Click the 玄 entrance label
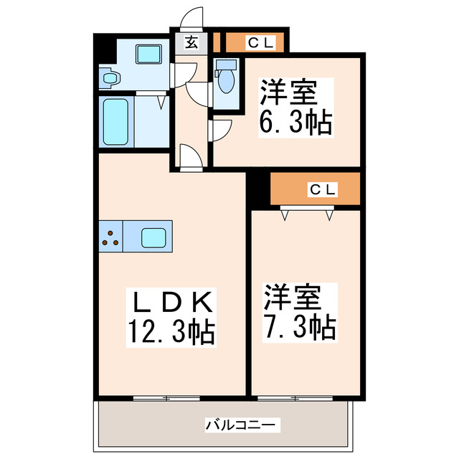click(x=191, y=42)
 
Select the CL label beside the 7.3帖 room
click(x=322, y=189)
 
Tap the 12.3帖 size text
click(x=171, y=331)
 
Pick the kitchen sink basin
click(x=153, y=237)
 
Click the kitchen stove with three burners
click(x=110, y=237)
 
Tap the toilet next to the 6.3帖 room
click(x=225, y=78)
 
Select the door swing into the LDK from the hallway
click(x=189, y=156)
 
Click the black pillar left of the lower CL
click(x=257, y=188)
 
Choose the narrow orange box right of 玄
click(x=217, y=42)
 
